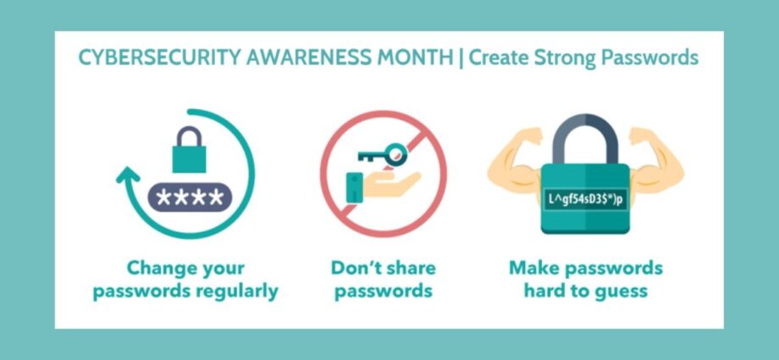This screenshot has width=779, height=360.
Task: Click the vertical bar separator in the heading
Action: click(x=461, y=58)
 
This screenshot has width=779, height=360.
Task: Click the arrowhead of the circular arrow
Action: click(x=128, y=175)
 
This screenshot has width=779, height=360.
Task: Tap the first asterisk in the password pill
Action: click(x=163, y=197)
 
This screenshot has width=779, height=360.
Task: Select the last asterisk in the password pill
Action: click(x=216, y=197)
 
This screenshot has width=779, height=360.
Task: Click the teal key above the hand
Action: click(x=383, y=154)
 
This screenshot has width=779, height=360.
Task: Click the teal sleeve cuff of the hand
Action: click(x=354, y=187)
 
